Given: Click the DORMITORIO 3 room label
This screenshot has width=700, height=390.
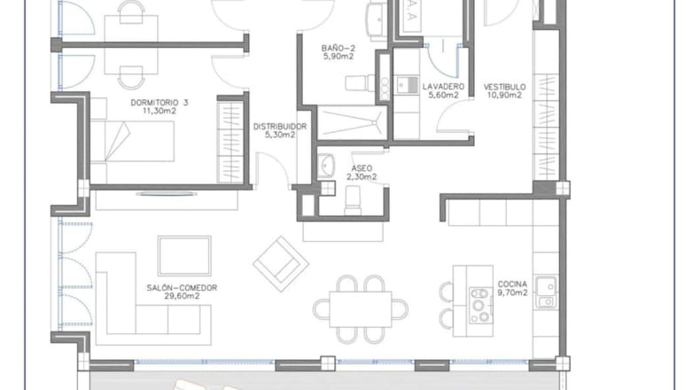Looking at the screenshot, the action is [159, 103].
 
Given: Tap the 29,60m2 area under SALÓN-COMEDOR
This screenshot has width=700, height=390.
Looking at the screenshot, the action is [182, 296].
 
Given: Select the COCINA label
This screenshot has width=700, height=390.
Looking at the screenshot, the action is [512, 285].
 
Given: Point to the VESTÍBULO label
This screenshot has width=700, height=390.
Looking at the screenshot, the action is [504, 87].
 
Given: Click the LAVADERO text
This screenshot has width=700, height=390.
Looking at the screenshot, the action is [443, 86].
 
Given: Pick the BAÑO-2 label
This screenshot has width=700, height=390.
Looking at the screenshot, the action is [338, 48].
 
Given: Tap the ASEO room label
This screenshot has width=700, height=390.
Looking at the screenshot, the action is [362, 168].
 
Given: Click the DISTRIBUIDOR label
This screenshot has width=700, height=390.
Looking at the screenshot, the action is [280, 127].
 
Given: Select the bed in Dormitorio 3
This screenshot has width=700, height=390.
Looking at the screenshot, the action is [132, 141].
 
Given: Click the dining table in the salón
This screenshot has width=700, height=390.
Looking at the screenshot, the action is [361, 309].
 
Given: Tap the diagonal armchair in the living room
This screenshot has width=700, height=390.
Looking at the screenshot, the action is [281, 264].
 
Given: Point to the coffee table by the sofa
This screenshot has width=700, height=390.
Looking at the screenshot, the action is [184, 256].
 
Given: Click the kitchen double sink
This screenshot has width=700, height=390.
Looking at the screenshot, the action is [546, 292].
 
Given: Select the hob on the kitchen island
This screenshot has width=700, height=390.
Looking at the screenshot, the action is [480, 306].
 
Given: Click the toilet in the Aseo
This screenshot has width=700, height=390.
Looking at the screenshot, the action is [353, 200].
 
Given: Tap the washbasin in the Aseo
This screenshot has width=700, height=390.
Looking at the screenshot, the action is [326, 166].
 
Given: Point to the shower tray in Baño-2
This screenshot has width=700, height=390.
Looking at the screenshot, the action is [352, 122].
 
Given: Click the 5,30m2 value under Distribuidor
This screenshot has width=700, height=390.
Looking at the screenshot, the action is [280, 135].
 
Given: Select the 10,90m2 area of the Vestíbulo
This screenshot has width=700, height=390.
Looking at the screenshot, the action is [504, 95].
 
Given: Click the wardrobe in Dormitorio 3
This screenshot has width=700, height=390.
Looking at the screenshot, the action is [230, 140].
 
